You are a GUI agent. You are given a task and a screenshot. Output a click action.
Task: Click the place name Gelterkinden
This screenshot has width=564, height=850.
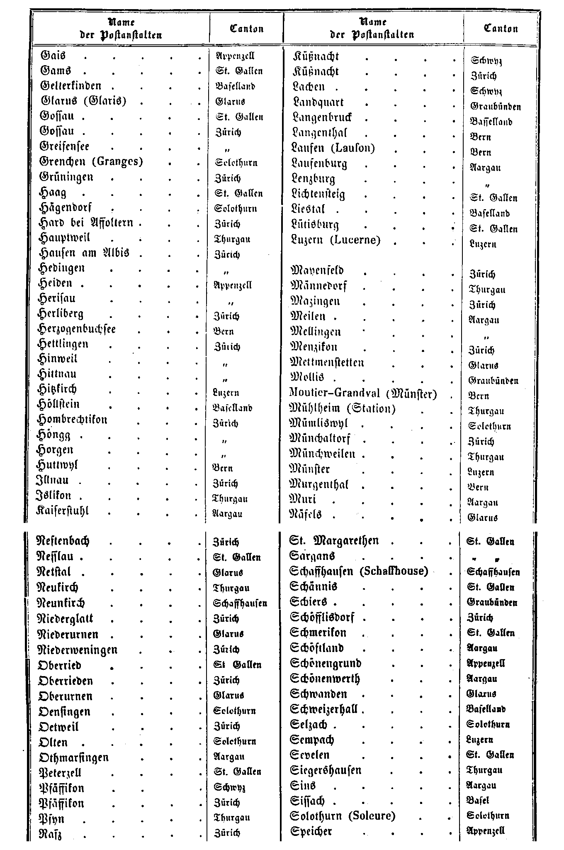click(70, 86)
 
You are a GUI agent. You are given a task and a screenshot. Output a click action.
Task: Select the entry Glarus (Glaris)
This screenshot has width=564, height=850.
click(84, 101)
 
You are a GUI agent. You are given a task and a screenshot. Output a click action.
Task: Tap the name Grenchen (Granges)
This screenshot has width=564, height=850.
click(91, 161)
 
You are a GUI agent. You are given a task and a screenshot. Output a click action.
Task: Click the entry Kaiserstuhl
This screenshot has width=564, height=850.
click(63, 510)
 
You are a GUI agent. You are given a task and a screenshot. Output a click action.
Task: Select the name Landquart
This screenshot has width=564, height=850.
click(318, 103)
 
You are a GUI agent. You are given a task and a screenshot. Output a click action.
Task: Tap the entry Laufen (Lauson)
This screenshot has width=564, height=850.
click(333, 148)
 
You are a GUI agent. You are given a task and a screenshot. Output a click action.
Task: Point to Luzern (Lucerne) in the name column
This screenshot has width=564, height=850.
click(336, 240)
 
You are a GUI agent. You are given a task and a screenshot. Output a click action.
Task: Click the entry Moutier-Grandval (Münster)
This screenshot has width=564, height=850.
click(363, 393)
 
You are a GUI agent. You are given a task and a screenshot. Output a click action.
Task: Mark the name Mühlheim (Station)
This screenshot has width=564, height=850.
click(342, 409)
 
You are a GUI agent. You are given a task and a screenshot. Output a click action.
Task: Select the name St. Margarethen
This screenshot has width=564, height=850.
click(334, 541)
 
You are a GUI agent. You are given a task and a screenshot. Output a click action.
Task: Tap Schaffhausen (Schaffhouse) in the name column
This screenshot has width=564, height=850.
click(359, 572)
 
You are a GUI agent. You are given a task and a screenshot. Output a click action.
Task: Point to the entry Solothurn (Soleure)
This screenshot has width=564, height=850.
click(343, 816)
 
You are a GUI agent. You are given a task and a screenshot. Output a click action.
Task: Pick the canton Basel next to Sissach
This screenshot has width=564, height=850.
click(478, 801)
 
